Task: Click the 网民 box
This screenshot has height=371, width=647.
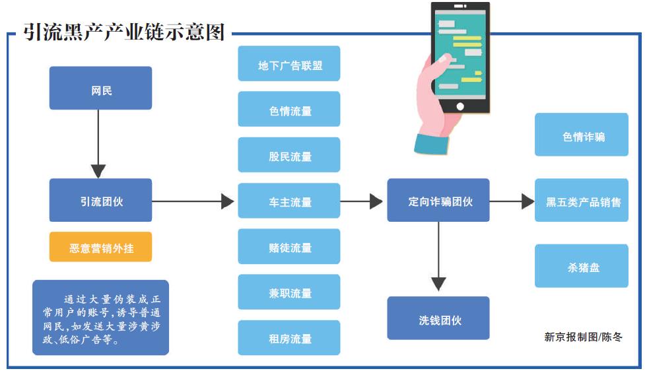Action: [100, 88]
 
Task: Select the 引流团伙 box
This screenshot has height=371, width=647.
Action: [100, 200]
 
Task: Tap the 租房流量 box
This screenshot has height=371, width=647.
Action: [289, 337]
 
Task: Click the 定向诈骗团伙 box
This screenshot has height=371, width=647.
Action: [438, 200]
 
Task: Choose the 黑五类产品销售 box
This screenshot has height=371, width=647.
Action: [582, 201]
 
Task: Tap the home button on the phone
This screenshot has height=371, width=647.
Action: [460, 106]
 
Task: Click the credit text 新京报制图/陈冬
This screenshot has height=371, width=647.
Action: [583, 337]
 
